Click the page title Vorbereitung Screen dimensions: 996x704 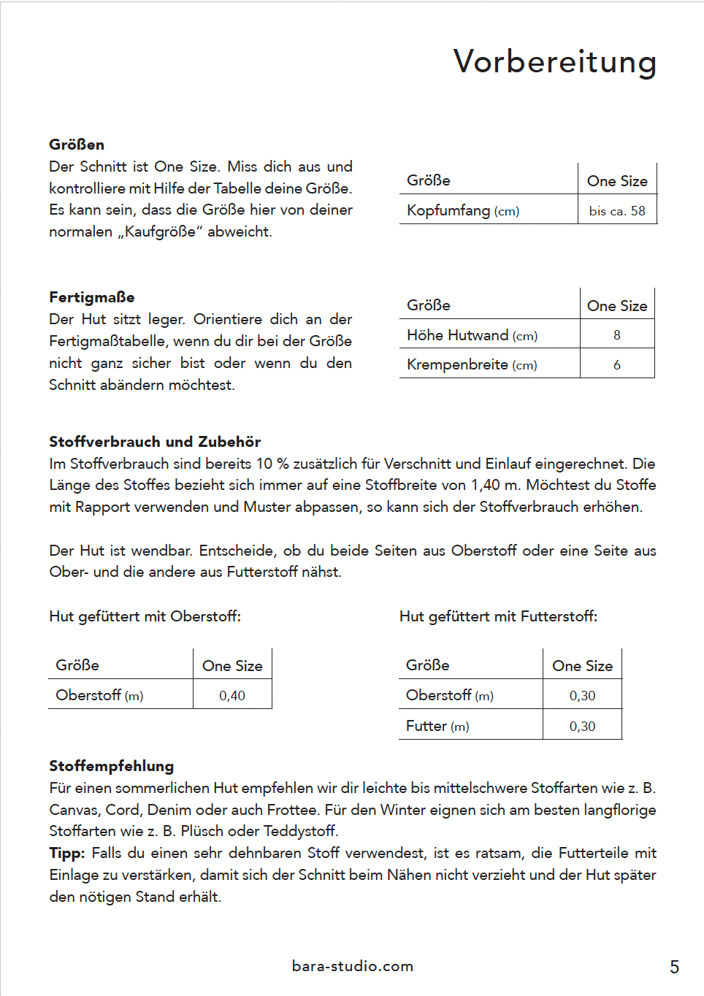point(555,62)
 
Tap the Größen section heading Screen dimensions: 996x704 point(77,145)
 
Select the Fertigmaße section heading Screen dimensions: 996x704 point(92,297)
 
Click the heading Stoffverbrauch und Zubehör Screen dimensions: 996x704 point(155,442)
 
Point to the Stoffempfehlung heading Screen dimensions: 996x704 point(112,766)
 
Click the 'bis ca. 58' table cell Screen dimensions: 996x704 point(617,211)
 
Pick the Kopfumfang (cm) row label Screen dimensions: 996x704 point(463,211)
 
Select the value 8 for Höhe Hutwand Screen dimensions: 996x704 point(617,335)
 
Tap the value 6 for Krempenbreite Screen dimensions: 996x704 point(617,365)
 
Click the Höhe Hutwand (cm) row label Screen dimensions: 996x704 point(472,335)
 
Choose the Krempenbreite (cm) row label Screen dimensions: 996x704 point(472,365)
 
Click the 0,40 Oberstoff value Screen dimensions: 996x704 point(232,696)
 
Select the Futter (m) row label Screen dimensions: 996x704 point(437,727)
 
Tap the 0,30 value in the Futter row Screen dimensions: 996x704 point(582,727)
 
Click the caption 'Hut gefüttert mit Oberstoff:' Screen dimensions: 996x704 point(145,616)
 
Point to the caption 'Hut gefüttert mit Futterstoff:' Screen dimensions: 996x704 point(498,616)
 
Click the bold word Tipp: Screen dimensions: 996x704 point(67,853)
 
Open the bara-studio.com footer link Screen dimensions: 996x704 point(353,966)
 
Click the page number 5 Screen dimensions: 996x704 point(674,968)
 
